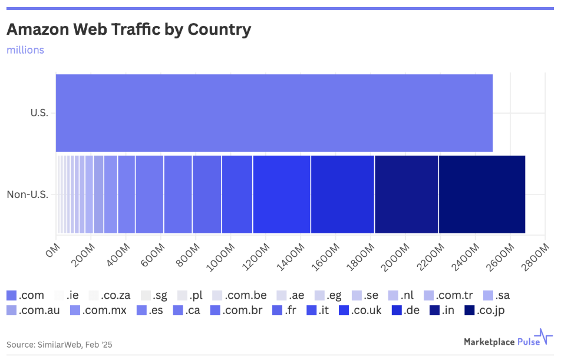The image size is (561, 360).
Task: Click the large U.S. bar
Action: click(274, 113)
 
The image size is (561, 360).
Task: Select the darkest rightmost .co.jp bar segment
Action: click(481, 194)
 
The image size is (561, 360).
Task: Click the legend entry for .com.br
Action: click(236, 310)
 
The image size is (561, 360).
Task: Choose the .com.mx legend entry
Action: click(97, 310)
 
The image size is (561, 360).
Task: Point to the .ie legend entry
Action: click(67, 295)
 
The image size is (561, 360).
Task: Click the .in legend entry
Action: click(440, 310)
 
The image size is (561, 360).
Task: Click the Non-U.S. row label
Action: click(27, 194)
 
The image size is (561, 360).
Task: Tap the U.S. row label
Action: click(39, 113)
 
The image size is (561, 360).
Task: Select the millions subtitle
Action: click(25, 50)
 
